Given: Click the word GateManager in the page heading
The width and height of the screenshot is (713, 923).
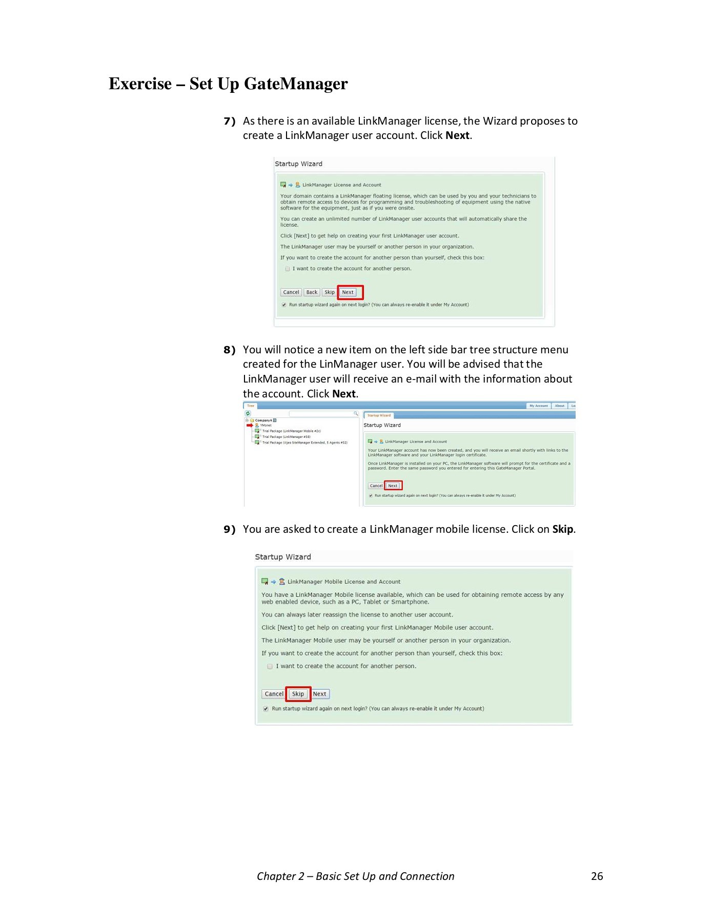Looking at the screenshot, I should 296,84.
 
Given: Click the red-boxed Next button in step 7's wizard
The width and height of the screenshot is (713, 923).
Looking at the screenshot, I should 348,292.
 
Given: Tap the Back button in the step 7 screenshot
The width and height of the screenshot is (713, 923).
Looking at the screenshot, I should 312,292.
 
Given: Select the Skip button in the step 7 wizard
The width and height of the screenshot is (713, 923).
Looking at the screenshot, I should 330,292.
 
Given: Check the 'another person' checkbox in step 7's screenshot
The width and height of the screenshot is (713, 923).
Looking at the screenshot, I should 288,269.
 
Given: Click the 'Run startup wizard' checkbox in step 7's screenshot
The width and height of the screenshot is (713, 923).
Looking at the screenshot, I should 284,305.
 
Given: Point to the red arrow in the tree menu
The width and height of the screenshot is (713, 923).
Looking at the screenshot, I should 250,425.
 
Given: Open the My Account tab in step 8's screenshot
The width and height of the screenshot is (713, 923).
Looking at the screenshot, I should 538,406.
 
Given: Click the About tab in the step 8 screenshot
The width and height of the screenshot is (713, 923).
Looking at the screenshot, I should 559,406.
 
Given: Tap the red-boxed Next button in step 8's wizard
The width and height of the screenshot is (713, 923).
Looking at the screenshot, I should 393,486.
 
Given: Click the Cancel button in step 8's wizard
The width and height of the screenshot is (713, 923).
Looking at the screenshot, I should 376,486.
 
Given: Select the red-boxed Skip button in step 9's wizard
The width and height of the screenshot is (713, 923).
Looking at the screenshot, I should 298,694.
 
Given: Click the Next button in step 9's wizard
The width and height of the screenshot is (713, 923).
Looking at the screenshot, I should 320,694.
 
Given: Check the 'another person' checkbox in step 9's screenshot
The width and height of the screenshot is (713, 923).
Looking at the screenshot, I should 270,667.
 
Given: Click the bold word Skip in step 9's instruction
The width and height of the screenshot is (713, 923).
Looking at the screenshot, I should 562,529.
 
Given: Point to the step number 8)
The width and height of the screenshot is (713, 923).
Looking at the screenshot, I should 229,350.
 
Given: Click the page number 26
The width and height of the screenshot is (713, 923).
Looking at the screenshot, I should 597,876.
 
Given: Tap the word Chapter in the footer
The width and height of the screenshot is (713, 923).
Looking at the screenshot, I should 276,876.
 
